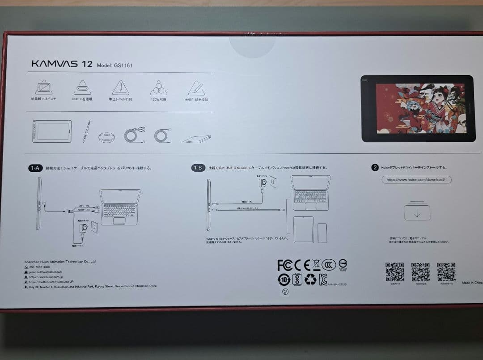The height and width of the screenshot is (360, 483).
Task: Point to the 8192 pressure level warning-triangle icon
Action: pos(120,87)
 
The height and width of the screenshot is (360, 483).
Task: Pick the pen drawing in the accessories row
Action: pos(86,131)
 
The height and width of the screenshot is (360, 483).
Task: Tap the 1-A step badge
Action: pos(35,168)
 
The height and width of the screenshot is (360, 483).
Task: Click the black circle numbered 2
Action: pos(375,168)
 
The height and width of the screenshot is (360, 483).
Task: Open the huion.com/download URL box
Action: pos(416,180)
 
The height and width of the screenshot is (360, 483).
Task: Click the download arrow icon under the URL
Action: pos(417,212)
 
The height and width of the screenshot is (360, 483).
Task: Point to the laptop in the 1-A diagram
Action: pos(119,206)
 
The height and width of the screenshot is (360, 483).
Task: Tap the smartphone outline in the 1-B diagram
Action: pos(322,233)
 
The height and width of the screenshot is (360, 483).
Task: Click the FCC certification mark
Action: pos(284,265)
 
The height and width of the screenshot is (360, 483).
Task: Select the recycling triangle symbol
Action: pos(310,280)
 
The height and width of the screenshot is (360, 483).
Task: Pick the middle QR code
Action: pos(420,272)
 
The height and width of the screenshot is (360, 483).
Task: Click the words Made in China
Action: pos(472,283)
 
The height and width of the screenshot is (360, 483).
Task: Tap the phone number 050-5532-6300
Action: pos(40,267)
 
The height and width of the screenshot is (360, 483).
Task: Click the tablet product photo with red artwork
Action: pos(417,109)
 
